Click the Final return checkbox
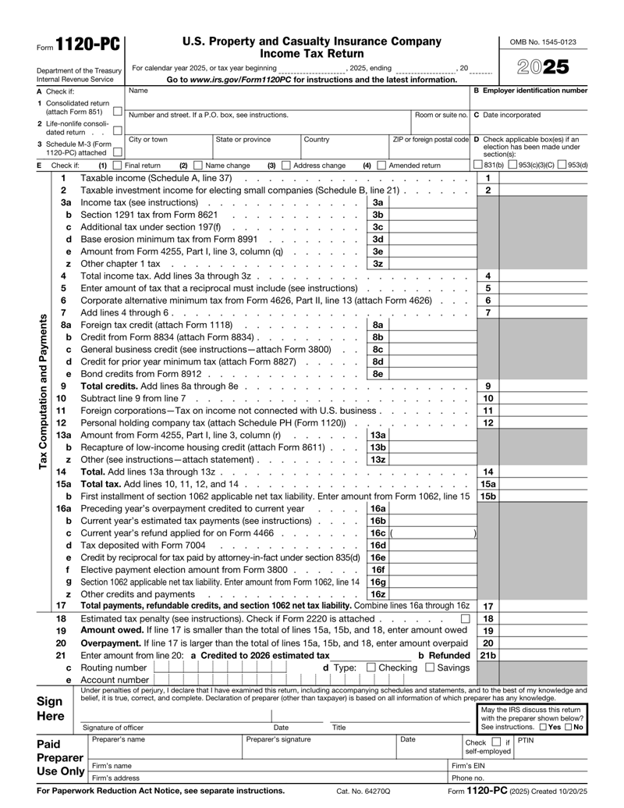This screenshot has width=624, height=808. pos(117,166)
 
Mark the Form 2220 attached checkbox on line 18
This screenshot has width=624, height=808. pos(465,618)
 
